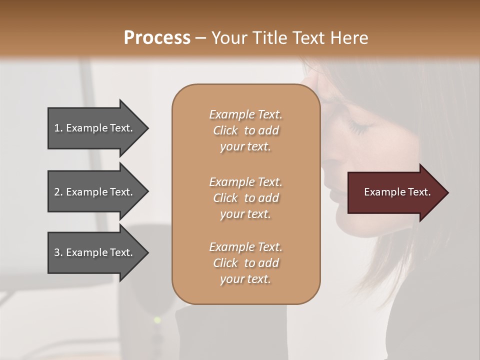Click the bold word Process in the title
click(157, 38)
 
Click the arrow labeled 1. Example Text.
click(95, 128)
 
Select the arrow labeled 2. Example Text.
click(95, 192)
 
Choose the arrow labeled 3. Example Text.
click(95, 252)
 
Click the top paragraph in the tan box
click(245, 130)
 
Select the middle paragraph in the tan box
click(245, 198)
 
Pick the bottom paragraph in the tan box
click(245, 263)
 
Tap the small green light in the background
click(156, 319)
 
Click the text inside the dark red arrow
click(397, 192)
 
